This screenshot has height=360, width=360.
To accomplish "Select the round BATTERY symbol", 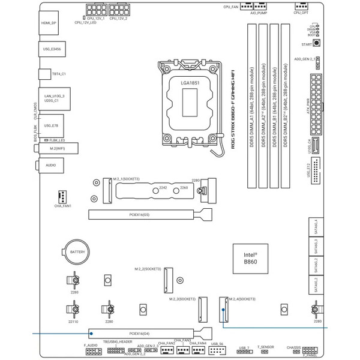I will pyautogui.click(x=77, y=254).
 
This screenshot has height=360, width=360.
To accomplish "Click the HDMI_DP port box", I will pyautogui.click(x=49, y=23).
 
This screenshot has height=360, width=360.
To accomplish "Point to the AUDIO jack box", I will pyautogui.click(x=51, y=164).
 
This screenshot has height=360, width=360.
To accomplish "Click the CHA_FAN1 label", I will pyautogui.click(x=62, y=206).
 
